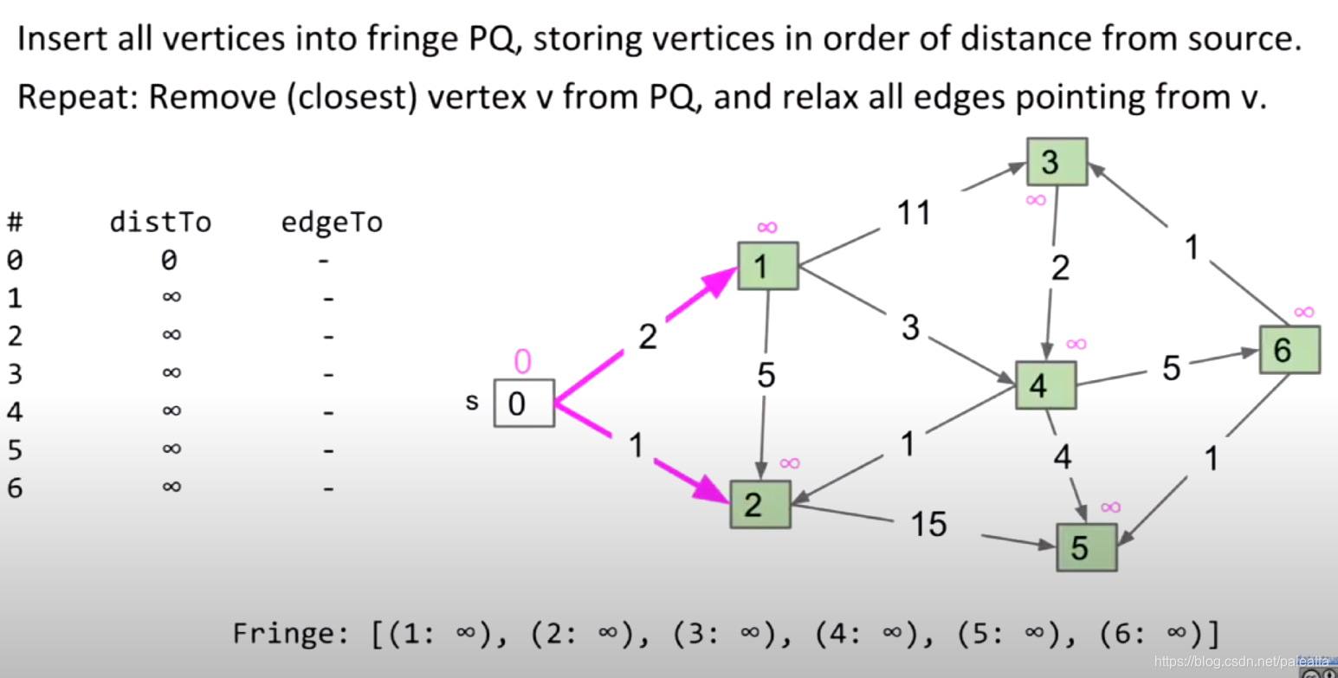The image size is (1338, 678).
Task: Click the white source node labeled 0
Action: (524, 404)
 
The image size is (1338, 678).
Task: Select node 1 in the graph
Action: (767, 266)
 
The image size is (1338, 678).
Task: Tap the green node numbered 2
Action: (759, 504)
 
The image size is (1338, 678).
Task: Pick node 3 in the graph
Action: (1057, 162)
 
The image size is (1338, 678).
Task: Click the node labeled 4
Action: (1045, 385)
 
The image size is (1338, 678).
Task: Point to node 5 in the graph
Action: (1086, 547)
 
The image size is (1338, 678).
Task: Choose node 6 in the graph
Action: (1290, 349)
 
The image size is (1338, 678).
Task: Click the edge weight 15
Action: (928, 524)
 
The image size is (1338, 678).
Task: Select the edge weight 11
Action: (913, 212)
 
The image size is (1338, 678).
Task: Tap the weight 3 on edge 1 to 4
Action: (909, 328)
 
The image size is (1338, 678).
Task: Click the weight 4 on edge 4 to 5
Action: (1062, 456)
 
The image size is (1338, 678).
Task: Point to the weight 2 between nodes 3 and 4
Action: (1060, 269)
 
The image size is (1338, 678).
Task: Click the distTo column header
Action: (160, 223)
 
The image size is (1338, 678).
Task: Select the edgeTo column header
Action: (332, 223)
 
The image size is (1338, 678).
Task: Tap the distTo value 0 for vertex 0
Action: (170, 260)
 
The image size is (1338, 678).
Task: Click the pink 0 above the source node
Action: (521, 360)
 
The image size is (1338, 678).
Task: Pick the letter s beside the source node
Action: (472, 402)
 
